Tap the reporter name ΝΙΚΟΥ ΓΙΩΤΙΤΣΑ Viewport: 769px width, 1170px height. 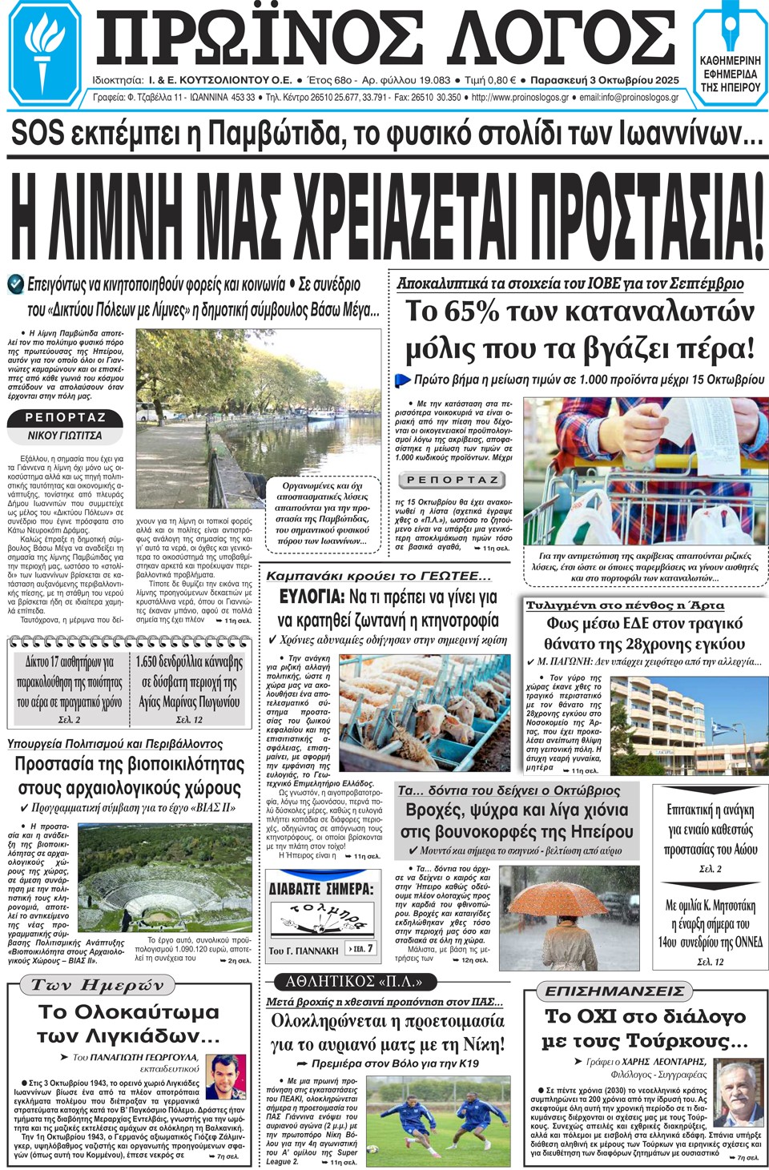tap(65, 436)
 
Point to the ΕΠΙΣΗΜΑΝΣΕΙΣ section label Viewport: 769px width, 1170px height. tap(614, 991)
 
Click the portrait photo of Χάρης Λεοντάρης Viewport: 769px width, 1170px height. tap(736, 1092)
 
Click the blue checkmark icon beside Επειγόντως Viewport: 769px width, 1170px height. tap(15, 283)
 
